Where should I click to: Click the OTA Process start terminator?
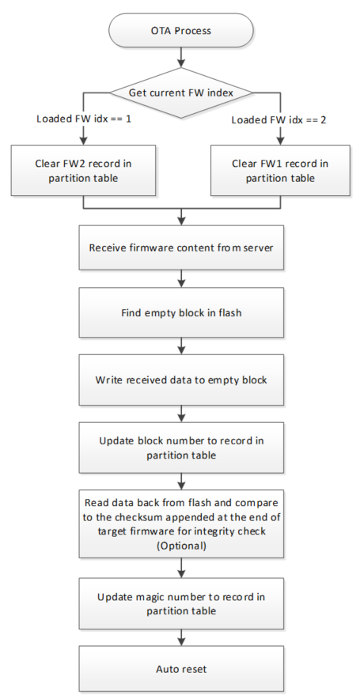click(x=181, y=30)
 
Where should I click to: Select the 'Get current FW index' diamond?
click(x=181, y=93)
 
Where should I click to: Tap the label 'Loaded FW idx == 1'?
click(x=84, y=119)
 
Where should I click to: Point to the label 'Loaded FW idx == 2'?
click(x=279, y=120)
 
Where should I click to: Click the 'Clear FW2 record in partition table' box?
click(x=83, y=170)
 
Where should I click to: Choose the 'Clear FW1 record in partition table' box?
click(x=280, y=170)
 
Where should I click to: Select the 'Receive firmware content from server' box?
click(x=181, y=247)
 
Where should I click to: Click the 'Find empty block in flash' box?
click(x=181, y=312)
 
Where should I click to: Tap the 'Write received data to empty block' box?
click(x=181, y=380)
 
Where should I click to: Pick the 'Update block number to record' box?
click(x=181, y=448)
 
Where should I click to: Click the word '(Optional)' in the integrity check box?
click(x=181, y=546)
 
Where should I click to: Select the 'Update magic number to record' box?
click(x=181, y=603)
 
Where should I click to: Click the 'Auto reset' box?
click(x=181, y=669)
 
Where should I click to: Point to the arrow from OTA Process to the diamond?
click(x=181, y=58)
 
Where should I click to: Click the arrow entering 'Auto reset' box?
click(x=181, y=637)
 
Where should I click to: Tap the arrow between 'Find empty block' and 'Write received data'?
click(x=181, y=346)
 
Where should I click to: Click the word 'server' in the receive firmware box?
click(x=259, y=247)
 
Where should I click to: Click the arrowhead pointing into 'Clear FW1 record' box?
click(x=280, y=142)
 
